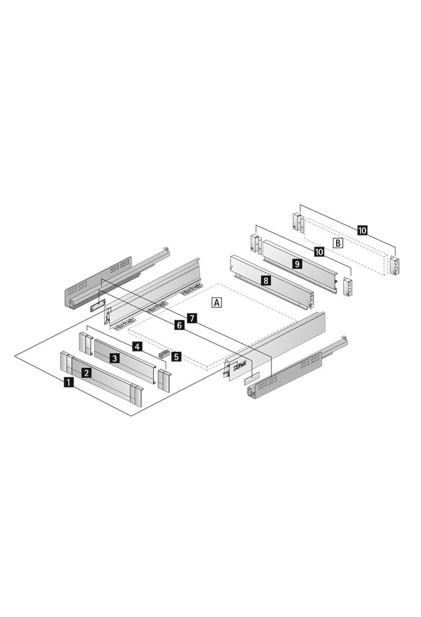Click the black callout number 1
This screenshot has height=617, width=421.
69,382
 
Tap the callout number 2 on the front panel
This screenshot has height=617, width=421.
86,373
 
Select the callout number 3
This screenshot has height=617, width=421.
114,358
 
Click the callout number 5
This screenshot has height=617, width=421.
176,357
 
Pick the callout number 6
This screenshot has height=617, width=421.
179,326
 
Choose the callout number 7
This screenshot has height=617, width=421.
192,318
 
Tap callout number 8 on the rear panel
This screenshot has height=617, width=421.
266,280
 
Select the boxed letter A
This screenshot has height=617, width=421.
217,302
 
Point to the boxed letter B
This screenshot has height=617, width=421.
338,243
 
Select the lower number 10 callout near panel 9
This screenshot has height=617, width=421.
319,251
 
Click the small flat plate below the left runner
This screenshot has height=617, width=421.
98,306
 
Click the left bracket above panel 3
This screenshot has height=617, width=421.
85,344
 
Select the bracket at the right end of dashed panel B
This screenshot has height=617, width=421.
395,265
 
